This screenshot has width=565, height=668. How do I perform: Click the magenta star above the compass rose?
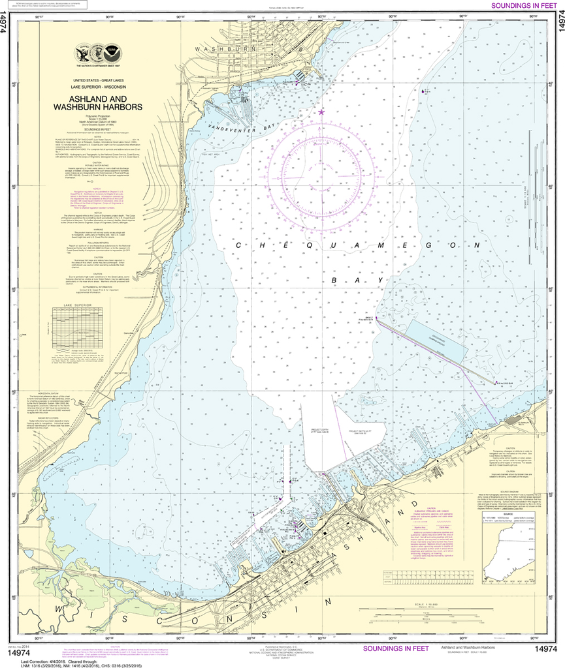click(321, 112)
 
